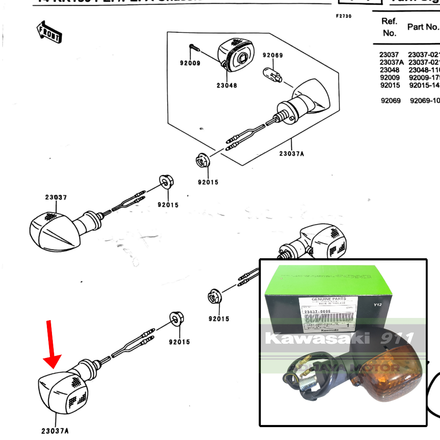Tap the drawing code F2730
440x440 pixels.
coord(344,16)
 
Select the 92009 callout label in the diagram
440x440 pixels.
coord(190,63)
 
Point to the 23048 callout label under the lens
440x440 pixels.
coord(226,85)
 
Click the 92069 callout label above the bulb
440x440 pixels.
coord(273,55)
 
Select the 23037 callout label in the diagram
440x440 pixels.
coord(56,197)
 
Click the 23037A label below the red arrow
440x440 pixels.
coord(55,430)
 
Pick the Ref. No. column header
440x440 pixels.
coord(389,27)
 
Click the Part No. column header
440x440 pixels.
coord(423,27)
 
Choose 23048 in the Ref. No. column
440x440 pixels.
coord(389,70)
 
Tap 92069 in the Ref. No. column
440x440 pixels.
coord(391,101)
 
